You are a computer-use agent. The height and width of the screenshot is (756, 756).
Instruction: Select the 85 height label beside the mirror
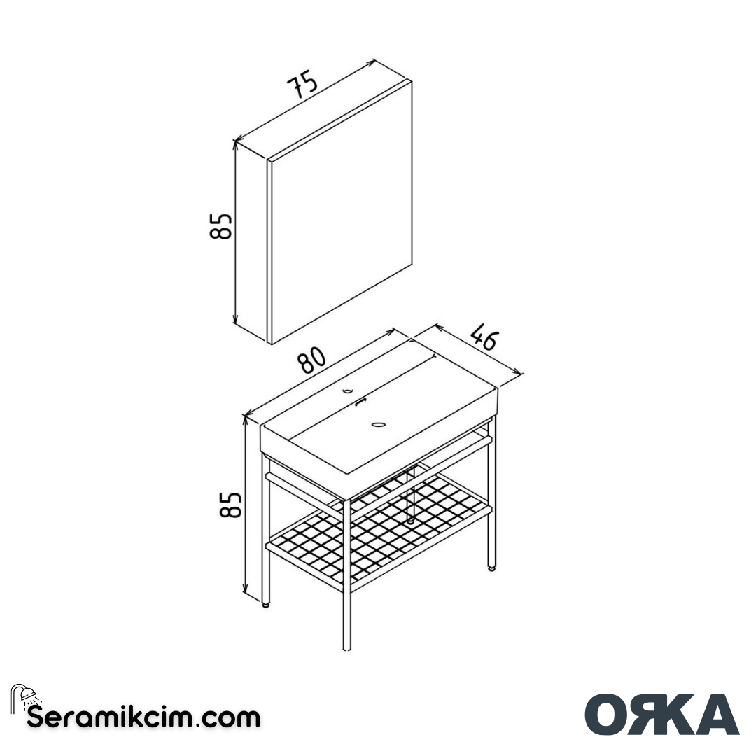(221, 225)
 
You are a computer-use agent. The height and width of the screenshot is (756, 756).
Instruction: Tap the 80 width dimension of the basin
(312, 361)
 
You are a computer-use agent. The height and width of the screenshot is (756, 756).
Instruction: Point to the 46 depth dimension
(483, 336)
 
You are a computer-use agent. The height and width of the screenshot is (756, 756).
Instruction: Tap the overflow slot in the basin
(360, 402)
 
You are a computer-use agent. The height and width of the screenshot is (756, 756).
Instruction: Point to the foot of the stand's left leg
(266, 604)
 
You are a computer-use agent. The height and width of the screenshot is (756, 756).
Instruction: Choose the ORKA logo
(661, 714)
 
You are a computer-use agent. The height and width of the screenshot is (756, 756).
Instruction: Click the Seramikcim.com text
(143, 717)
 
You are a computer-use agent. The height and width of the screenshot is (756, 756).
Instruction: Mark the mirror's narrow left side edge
(269, 252)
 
